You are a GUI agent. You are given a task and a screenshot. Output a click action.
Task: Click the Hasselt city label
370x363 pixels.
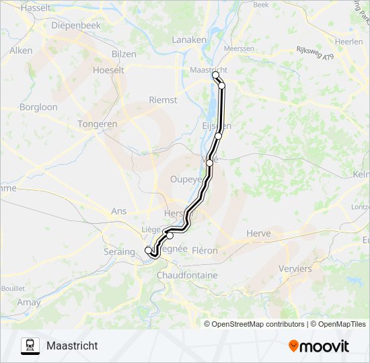click(x=36, y=8)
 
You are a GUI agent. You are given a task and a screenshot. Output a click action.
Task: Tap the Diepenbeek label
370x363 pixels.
click(x=76, y=26)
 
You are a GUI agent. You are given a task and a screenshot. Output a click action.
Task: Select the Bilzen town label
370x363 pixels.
click(x=124, y=54)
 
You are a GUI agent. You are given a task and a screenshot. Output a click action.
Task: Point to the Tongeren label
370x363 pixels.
click(x=98, y=124)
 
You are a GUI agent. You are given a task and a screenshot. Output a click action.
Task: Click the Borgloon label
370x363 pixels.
click(x=38, y=107)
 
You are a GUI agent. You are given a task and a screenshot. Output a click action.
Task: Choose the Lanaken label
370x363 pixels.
click(x=189, y=40)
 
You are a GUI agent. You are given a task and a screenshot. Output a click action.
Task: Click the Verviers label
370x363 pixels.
click(x=295, y=268)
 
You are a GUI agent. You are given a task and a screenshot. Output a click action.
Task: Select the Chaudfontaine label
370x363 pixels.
click(x=187, y=276)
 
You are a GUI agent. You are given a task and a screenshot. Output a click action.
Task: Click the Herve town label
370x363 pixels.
click(x=258, y=233)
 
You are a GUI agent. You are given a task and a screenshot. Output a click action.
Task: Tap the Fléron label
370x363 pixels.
click(x=205, y=250)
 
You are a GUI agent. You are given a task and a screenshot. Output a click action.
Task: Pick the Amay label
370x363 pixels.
click(x=29, y=303)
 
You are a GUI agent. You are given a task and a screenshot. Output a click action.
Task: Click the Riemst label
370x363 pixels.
click(x=162, y=99)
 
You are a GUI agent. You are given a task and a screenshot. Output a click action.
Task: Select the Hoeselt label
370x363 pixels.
click(x=108, y=69)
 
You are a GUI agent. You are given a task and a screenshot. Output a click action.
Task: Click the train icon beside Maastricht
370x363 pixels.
click(x=30, y=346)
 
